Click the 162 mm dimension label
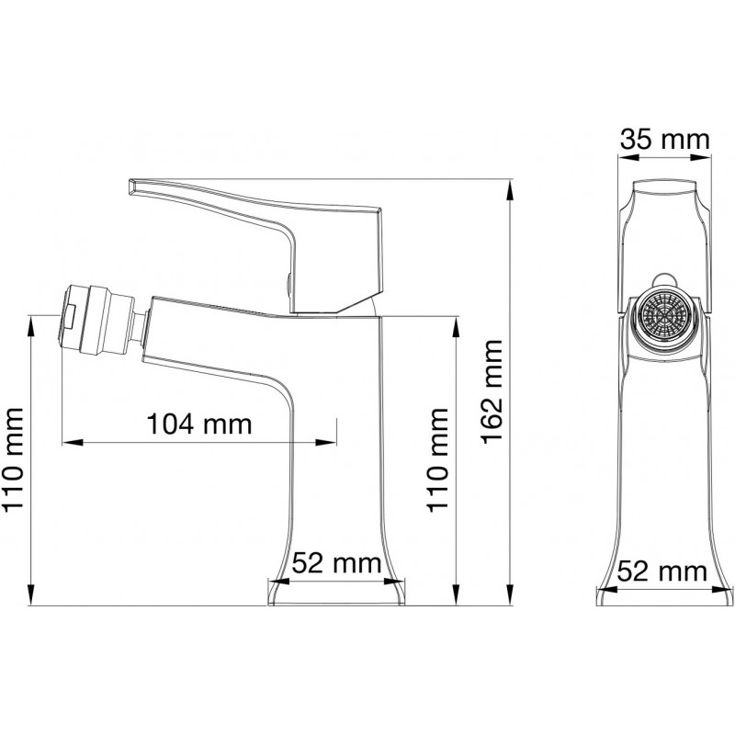pyautogui.click(x=492, y=392)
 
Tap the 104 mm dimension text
pyautogui.click(x=199, y=424)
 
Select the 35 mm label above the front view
pyautogui.click(x=664, y=140)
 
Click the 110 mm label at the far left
pyautogui.click(x=13, y=459)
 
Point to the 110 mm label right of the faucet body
pyautogui.click(x=437, y=459)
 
